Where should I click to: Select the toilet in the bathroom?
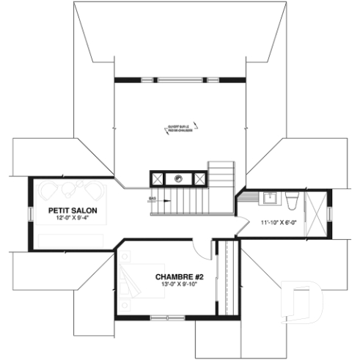click(291, 199)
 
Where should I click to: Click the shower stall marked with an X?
click(317, 213)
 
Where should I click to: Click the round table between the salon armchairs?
click(70, 189)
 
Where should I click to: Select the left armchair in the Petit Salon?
click(49, 191)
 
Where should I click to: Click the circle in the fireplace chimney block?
click(177, 177)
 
